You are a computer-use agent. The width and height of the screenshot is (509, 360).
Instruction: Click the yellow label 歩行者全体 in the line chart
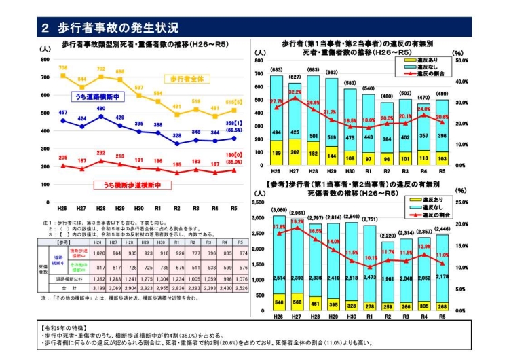[188, 79]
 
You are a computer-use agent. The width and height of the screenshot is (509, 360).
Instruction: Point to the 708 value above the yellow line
[63, 68]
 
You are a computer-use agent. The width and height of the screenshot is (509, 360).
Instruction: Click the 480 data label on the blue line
[100, 109]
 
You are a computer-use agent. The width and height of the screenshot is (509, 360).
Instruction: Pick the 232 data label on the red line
[100, 154]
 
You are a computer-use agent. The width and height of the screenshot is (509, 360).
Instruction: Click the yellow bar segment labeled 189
[276, 153]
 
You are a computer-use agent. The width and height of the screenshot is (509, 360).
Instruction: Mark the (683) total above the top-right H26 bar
[276, 70]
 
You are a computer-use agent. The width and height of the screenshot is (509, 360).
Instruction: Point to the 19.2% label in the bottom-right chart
[297, 221]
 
